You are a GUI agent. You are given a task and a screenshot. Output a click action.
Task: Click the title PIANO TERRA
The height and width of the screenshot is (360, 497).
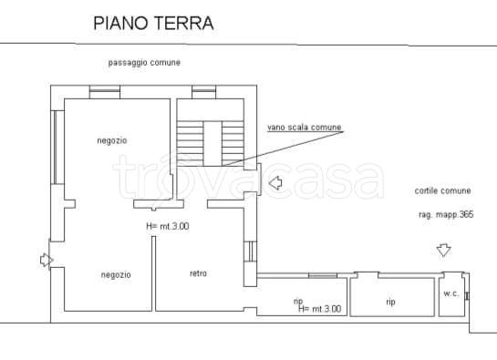click(x=154, y=24)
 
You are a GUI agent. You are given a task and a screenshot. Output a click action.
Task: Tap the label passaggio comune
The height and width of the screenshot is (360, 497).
click(x=143, y=62)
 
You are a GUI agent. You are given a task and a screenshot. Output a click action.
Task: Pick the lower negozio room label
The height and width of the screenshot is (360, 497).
click(x=116, y=274)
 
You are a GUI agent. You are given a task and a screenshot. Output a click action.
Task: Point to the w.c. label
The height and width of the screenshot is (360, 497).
click(x=450, y=293)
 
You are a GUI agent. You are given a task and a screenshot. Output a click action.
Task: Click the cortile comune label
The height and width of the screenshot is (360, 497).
click(x=442, y=190)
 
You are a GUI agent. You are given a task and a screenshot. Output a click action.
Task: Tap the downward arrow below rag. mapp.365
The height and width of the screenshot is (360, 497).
click(x=444, y=249)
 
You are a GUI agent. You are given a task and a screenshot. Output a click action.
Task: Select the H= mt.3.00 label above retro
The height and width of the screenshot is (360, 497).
click(x=168, y=225)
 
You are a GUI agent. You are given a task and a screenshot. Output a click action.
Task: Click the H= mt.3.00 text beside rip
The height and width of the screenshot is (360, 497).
click(x=319, y=309)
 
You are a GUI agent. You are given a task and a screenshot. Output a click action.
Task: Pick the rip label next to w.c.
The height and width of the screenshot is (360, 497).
click(x=390, y=301)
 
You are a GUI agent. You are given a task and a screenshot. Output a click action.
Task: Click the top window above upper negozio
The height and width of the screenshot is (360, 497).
click(x=101, y=89)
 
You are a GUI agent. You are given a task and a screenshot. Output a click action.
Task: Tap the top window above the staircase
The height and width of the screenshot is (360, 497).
click(x=203, y=89)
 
